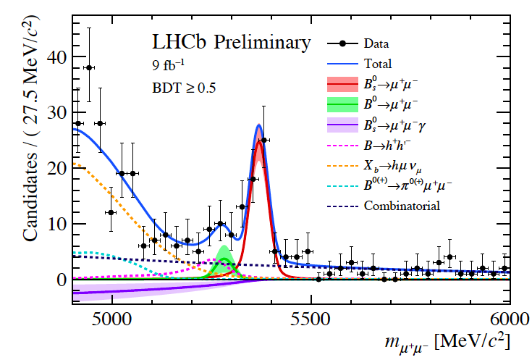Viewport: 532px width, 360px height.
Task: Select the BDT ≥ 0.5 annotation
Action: point(184,90)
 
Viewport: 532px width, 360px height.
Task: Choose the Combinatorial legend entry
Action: point(402,206)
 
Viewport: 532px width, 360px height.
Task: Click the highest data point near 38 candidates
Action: point(89,67)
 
